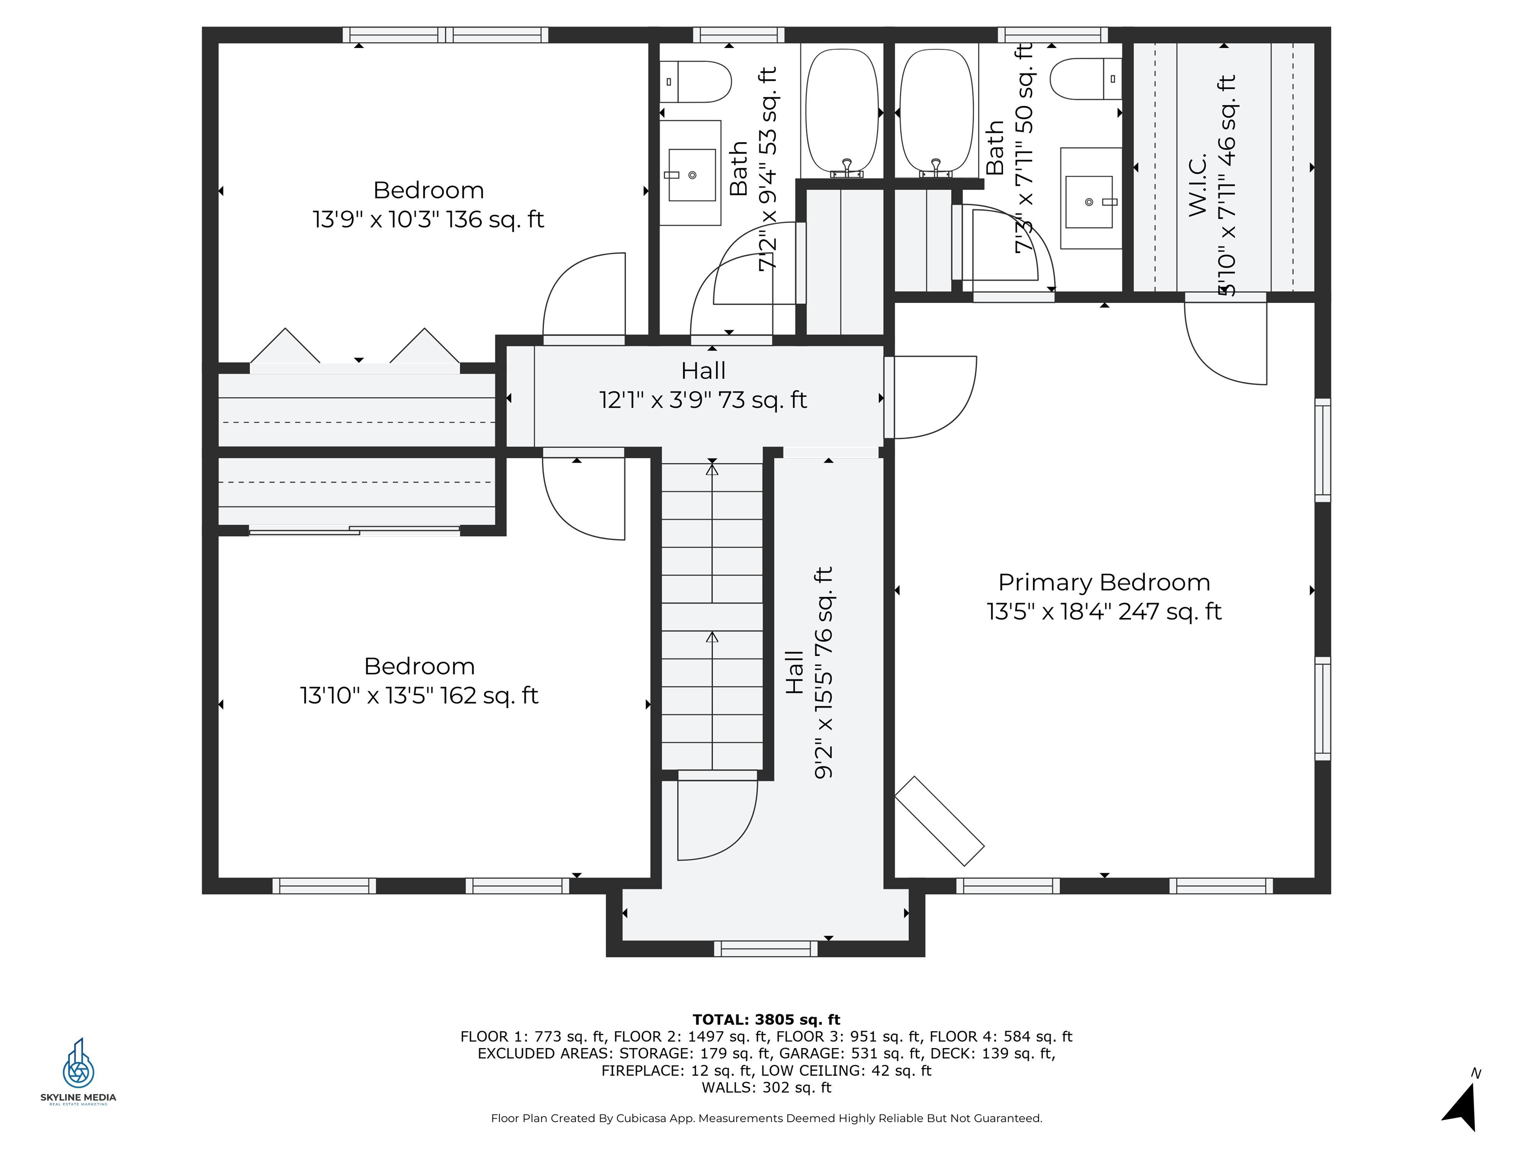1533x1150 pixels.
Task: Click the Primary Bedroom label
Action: pos(1104,582)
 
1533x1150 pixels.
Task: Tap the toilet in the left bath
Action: pos(695,82)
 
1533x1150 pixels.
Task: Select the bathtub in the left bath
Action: pos(842,111)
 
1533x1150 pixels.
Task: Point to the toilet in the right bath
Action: pos(1085,78)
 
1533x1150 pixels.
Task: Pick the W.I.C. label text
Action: pos(1198,184)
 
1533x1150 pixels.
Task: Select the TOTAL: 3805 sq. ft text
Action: pos(766,1020)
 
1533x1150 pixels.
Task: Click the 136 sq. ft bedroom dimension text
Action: pos(428,220)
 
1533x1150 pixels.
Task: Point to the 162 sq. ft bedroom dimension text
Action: pos(419,695)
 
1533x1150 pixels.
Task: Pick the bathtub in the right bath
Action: pos(936,111)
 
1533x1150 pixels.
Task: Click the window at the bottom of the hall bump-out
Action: pos(766,948)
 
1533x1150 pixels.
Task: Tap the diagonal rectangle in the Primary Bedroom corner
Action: pos(940,821)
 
